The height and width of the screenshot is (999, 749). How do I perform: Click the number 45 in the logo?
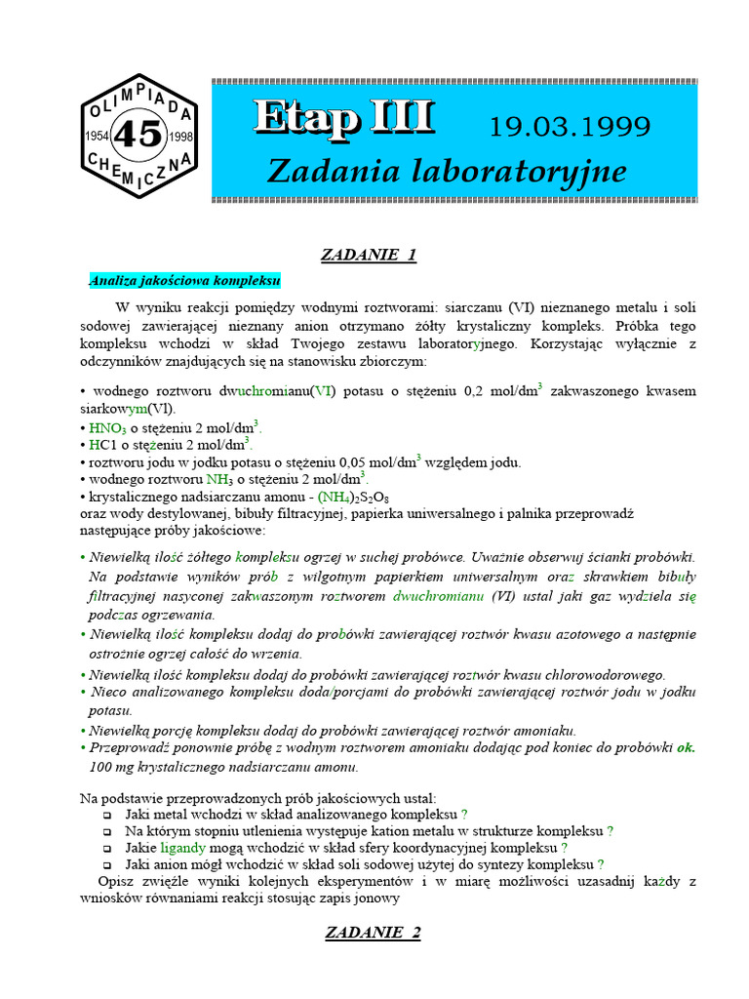click(x=138, y=136)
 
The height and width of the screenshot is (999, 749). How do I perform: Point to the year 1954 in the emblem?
click(x=99, y=137)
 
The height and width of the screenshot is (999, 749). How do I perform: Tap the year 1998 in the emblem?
click(x=180, y=137)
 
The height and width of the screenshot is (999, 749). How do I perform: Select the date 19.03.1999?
click(x=570, y=127)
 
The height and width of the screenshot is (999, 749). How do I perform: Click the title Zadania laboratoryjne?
click(x=446, y=172)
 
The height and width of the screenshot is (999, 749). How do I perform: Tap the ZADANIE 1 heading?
click(x=370, y=256)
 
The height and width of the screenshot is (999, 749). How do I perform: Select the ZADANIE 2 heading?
click(x=373, y=933)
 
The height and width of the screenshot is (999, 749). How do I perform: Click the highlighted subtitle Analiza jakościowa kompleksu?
click(x=184, y=281)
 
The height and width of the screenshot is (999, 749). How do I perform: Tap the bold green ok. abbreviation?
click(x=687, y=748)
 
